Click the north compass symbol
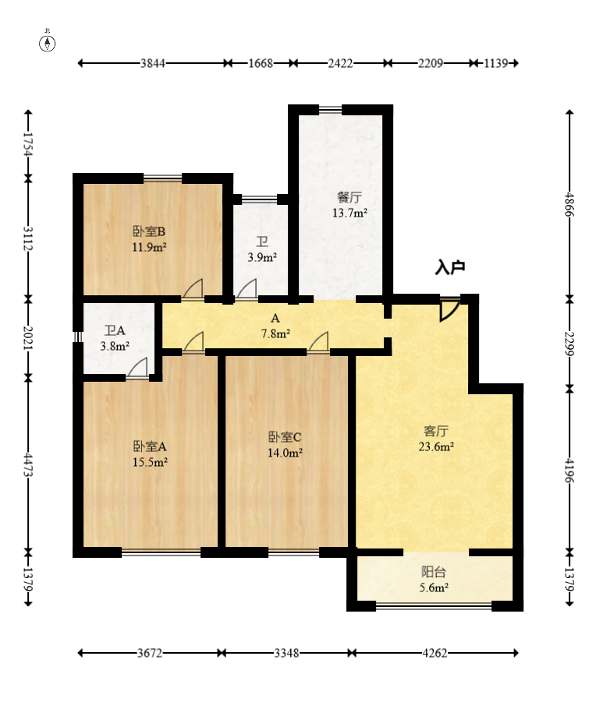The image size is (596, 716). tap(47, 41)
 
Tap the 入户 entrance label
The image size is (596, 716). tap(450, 267)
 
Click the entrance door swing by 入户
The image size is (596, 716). tap(449, 310)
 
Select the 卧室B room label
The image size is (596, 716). tap(149, 231)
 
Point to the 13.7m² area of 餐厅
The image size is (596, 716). tap(349, 213)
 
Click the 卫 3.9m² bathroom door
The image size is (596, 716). tap(247, 290)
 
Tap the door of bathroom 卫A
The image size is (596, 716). tap(137, 368)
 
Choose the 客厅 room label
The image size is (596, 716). tap(436, 431)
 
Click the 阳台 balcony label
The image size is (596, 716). tap(433, 572)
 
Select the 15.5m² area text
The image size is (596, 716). tap(150, 462)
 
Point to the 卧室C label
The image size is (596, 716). tap(285, 437)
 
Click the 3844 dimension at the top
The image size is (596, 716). tap(153, 63)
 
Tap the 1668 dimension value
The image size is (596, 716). tap(261, 63)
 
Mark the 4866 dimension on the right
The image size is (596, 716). tap(569, 204)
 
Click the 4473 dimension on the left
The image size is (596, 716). tap(28, 465)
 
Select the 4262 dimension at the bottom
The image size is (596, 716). tap(435, 653)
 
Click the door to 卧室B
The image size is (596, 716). tap(193, 290)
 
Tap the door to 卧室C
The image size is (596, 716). tap(318, 343)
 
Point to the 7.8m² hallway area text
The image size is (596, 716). tap(276, 333)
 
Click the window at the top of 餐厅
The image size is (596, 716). tap(330, 110)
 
